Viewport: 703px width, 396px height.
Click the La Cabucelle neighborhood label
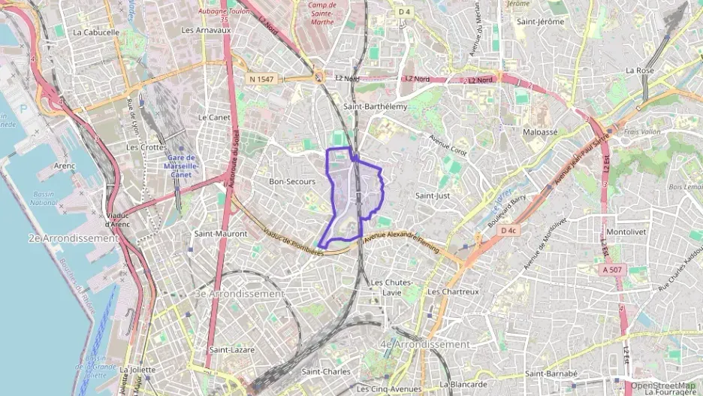pos(97,32)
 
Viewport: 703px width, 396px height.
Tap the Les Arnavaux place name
pos(206,30)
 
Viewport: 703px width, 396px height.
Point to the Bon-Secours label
pos(292,182)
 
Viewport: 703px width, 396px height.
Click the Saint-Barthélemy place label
pos(375,107)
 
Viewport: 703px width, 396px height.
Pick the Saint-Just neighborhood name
pos(433,195)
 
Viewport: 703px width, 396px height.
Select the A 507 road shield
pos(613,268)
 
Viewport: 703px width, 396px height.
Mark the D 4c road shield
pos(508,230)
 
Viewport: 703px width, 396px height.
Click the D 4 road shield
pos(405,11)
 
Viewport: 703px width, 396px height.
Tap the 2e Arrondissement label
pos(74,238)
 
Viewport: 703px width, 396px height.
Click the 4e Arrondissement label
pos(425,344)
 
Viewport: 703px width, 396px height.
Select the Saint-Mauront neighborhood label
pos(221,234)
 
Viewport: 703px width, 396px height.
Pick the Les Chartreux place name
pos(452,291)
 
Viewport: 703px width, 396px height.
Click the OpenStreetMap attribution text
pos(663,385)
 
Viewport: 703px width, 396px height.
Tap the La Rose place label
pos(640,70)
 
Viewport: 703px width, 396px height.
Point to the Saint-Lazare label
pos(232,349)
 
